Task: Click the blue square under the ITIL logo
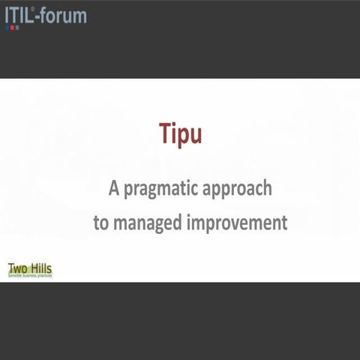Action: pos(7,27)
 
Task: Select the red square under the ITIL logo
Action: pos(16,27)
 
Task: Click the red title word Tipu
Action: pos(181,133)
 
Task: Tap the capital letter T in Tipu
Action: pos(164,133)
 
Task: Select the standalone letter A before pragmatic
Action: pos(114,187)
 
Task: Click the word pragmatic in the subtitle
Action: pos(164,189)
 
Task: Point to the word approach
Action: pos(240,189)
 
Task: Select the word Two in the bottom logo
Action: pos(18,268)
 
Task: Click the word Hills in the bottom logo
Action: pos(41,268)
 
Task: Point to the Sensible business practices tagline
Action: pos(29,276)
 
